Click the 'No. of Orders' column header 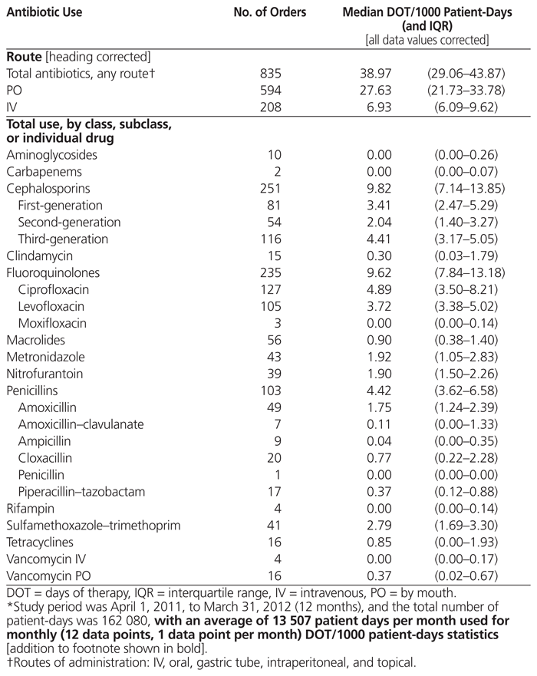269,13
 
